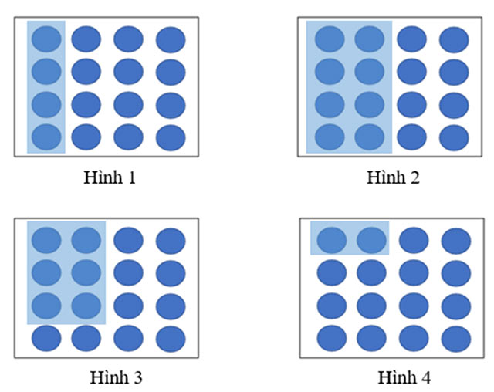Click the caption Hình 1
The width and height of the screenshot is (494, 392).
pos(110,178)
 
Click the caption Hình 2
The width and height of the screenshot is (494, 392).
pos(393,178)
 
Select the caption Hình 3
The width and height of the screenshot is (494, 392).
pos(110,377)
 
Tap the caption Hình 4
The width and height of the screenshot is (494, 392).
pos(393,378)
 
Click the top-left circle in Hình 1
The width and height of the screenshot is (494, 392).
pos(46,39)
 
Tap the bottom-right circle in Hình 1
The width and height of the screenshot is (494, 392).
pos(171,137)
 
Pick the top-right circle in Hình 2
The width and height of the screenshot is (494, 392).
pos(454,39)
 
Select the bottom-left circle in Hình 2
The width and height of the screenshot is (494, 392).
pos(329,137)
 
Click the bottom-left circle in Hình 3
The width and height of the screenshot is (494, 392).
pos(46,338)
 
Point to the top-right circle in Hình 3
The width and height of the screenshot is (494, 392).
pos(171,239)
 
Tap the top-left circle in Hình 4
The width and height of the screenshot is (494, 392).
pos(331,239)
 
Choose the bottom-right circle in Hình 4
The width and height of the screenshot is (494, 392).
pos(455,338)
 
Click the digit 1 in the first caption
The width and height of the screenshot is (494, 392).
pos(132,178)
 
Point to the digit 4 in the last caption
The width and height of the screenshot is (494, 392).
pos(415,378)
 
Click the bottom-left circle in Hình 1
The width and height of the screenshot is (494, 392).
pos(46,137)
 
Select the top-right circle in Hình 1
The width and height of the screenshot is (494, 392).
pos(171,39)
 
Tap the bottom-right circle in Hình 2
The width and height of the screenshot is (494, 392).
pos(454,137)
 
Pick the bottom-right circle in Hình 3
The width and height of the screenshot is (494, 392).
pos(171,338)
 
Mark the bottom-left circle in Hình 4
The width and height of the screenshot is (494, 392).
pos(331,338)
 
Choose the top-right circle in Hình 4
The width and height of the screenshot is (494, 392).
pos(455,239)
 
